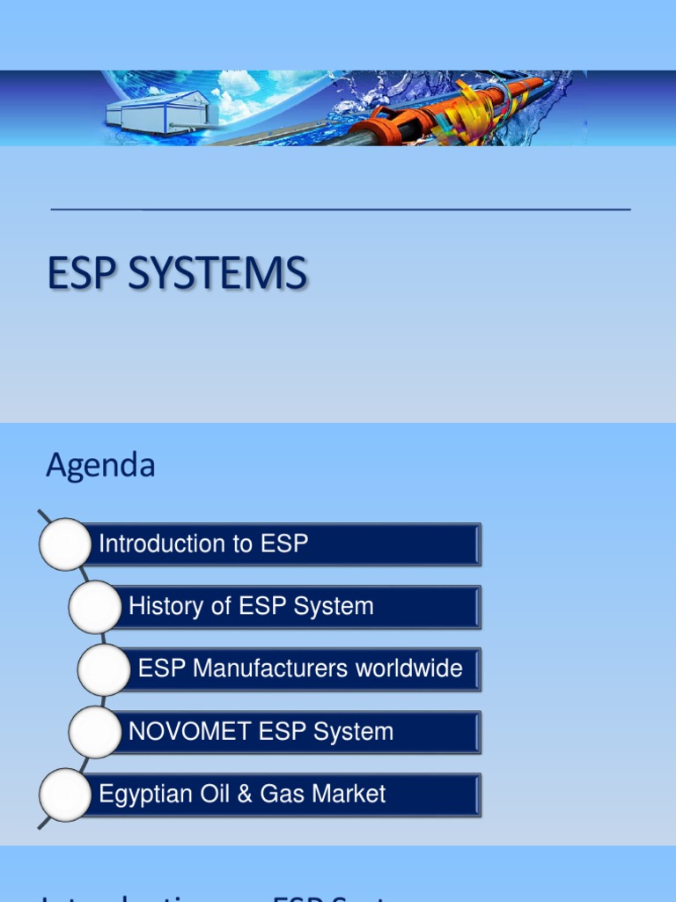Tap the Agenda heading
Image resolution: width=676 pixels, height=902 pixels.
(x=100, y=465)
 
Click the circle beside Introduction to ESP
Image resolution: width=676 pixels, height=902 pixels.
(x=65, y=544)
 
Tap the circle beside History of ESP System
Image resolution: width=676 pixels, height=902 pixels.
(x=95, y=607)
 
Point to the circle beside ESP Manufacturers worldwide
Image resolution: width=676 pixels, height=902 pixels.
(x=104, y=669)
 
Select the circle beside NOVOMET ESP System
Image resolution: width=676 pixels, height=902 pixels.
(x=95, y=732)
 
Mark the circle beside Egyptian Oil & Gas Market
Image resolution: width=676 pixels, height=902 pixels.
(x=65, y=795)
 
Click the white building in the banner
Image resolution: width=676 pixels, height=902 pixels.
(x=158, y=112)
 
